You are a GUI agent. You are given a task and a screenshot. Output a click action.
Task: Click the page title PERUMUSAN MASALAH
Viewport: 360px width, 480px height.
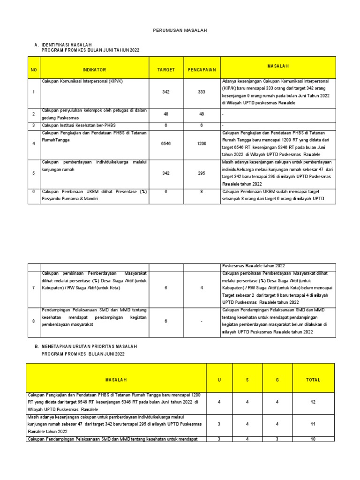coord(180,30)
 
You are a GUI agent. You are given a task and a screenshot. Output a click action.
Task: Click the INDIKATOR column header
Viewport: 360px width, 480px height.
coord(95,70)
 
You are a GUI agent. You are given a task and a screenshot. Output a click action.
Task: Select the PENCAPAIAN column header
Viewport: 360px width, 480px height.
coord(202,70)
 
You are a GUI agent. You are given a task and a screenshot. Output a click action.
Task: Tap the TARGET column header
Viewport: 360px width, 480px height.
coord(166,70)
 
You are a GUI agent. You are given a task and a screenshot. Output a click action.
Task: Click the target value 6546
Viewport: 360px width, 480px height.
coord(166,143)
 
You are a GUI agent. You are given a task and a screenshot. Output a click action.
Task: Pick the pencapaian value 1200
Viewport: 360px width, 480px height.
coord(202,143)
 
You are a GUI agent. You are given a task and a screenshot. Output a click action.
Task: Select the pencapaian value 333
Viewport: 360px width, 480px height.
coord(202,92)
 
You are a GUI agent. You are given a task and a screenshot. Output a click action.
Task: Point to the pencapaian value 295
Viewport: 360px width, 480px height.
coord(202,173)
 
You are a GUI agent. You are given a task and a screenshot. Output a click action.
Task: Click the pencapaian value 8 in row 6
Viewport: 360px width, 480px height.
coord(202,192)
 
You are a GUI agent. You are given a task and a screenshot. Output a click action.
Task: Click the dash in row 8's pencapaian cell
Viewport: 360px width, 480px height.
coord(202,321)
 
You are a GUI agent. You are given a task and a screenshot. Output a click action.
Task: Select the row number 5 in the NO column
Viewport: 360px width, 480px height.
coord(34,173)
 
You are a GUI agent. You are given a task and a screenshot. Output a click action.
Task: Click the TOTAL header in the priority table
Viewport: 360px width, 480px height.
coord(313,380)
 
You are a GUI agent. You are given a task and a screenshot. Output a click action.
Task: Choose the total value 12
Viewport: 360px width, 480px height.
coord(313,402)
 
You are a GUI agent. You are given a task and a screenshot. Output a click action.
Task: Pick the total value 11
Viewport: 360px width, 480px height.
coord(313,424)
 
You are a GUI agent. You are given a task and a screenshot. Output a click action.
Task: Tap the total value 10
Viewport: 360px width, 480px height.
coord(313,439)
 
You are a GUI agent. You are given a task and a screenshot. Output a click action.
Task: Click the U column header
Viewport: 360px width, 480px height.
coord(219,380)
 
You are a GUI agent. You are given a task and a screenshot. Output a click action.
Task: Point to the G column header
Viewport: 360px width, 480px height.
coord(277,380)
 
